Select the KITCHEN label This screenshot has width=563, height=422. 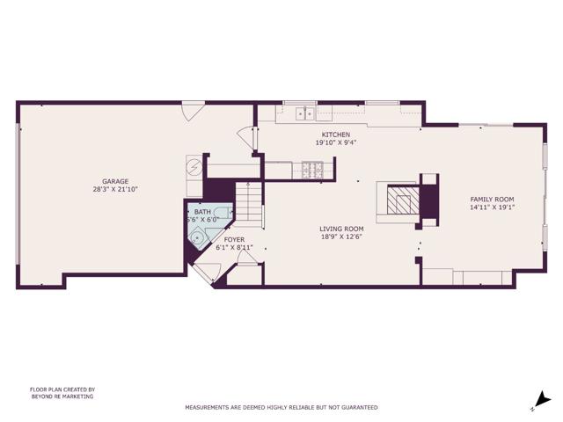pos(335,135)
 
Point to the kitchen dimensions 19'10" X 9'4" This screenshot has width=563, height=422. pos(335,142)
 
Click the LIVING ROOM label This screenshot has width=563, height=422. pos(341,229)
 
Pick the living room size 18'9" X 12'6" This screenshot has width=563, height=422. pos(341,236)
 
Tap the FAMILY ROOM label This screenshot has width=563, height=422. pos(492,200)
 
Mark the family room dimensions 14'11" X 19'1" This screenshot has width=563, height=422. pos(492,207)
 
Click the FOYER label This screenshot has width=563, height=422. pos(234,239)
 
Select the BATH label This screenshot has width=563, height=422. pos(202,212)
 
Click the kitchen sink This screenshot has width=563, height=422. pos(305,113)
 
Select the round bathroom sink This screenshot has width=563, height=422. pos(199,236)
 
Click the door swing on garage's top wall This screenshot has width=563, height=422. pos(193,112)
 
